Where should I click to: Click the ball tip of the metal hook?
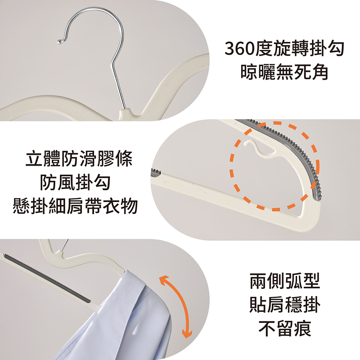(59, 41)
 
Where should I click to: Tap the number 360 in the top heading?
(239, 49)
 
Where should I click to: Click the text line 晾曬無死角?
(284, 72)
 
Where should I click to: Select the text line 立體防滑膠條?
(79, 158)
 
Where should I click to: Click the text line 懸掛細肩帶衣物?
(75, 206)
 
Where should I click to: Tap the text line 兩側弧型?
(285, 280)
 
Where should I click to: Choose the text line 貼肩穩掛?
(285, 305)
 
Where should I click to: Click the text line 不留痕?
(285, 328)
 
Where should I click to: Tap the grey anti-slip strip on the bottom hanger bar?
(48, 277)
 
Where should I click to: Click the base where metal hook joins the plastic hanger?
(126, 112)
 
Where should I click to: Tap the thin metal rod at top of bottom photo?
(65, 245)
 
